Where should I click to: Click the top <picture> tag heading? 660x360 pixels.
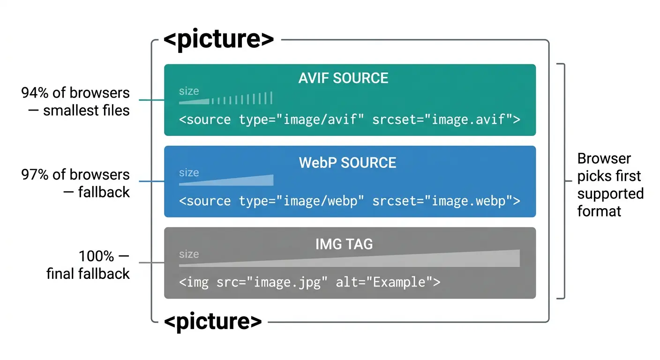coord(218,39)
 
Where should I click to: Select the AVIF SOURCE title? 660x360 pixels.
coord(343,78)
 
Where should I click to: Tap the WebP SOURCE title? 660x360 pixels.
coord(347,163)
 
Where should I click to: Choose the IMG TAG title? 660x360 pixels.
coord(345,244)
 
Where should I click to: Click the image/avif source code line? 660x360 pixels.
coord(349,120)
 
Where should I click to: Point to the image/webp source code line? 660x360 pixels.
coord(349,201)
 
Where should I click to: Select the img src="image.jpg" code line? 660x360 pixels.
coord(309,282)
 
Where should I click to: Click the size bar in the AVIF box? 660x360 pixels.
coord(225,99)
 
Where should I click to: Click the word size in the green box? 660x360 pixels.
coord(189,91)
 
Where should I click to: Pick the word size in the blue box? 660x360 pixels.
coord(189,172)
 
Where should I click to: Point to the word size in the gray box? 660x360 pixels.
coord(189,254)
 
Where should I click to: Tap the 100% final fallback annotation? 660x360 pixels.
coord(88,265)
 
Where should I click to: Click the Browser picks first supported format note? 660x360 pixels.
coord(610,185)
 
